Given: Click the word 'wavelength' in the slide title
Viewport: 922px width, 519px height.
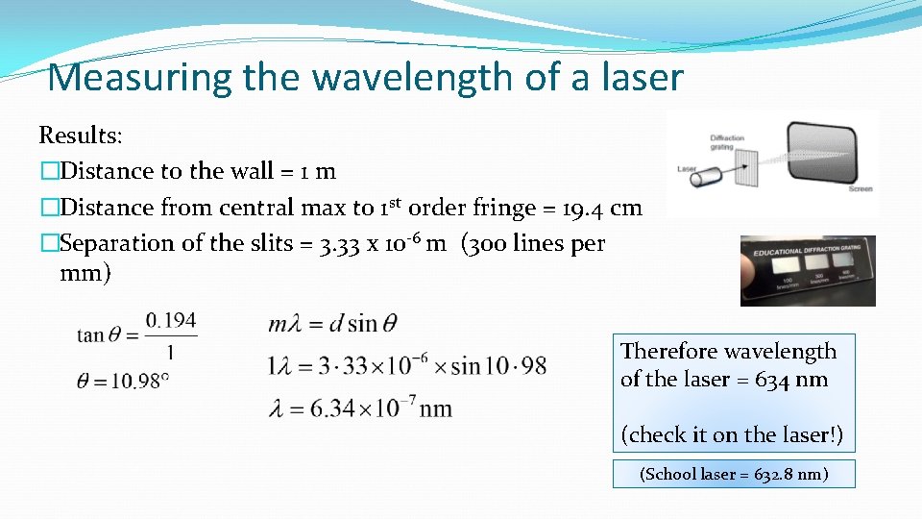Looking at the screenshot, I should (x=380, y=77).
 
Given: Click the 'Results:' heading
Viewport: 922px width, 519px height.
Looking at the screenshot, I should (x=81, y=135).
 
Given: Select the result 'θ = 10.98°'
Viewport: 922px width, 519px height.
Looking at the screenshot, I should (x=123, y=380).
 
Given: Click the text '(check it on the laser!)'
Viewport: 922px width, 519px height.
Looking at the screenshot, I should (x=733, y=434).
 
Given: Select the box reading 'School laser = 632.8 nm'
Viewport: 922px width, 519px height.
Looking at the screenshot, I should (x=734, y=474).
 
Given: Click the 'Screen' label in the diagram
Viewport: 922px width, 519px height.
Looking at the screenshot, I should (x=861, y=189).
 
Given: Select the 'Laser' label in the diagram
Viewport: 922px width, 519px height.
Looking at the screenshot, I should (x=688, y=167).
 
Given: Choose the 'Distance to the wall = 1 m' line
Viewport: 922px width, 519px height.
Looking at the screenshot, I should (x=197, y=171).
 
